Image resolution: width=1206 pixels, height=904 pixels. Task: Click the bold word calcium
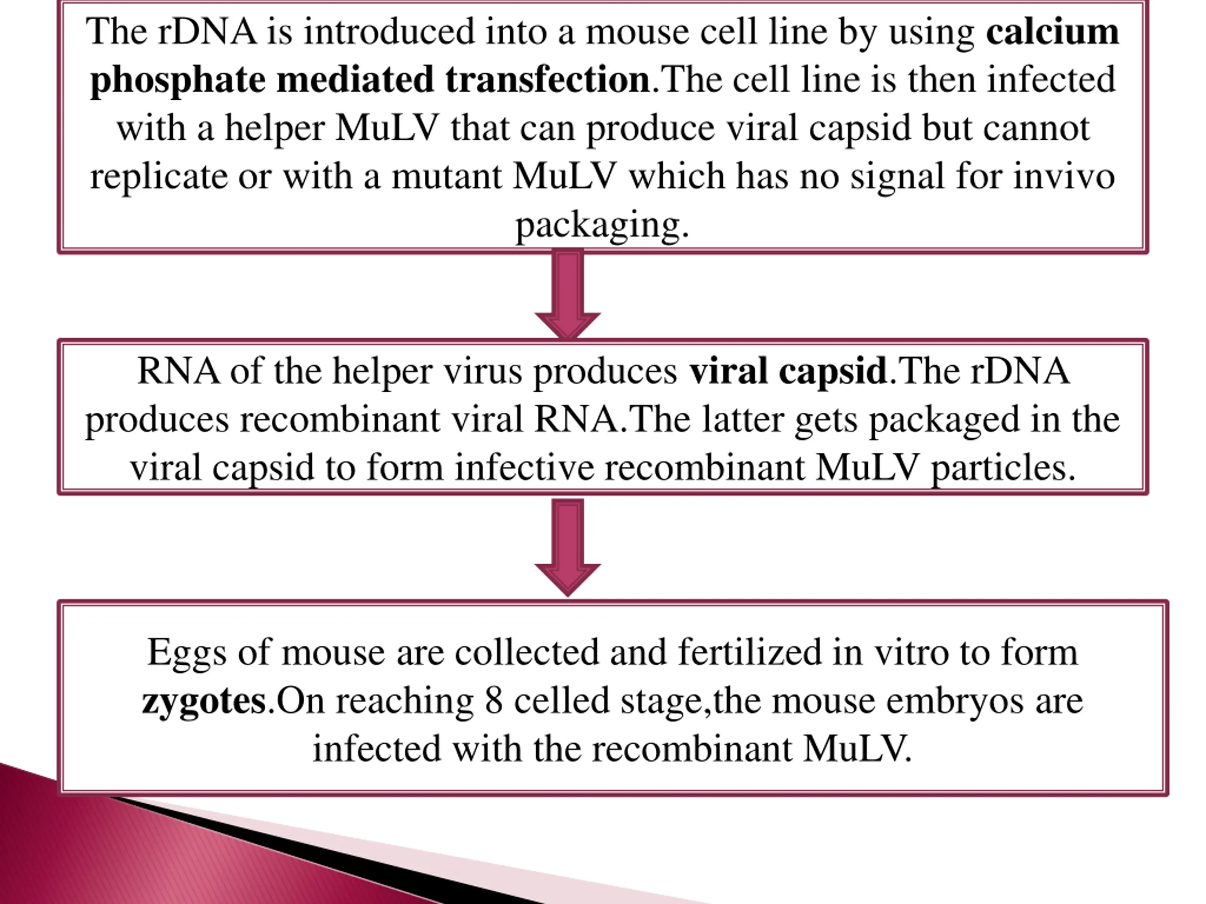1052,32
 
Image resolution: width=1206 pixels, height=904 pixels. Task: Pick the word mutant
447,177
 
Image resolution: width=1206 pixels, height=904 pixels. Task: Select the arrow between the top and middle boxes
568,294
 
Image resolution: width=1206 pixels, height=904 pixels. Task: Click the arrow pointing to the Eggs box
568,547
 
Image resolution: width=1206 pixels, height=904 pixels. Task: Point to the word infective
524,468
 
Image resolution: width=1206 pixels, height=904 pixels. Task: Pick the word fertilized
749,652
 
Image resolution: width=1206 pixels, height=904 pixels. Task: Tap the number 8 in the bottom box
493,701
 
